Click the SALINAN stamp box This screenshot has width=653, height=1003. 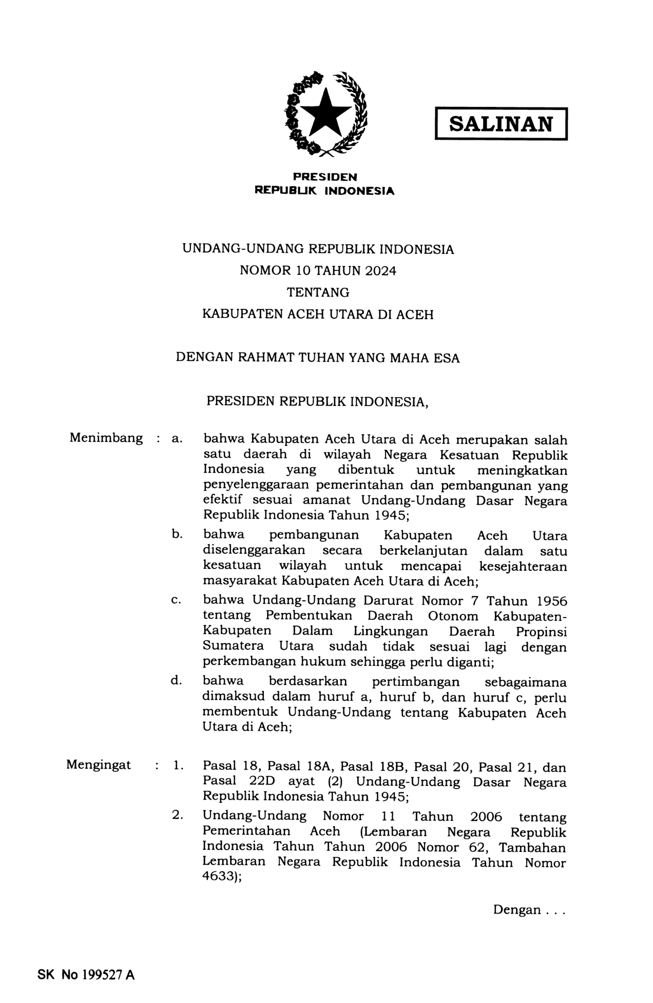coord(501,124)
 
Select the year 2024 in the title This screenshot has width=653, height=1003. coord(381,271)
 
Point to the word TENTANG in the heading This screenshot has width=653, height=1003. coord(318,292)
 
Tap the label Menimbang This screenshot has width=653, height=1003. coord(106,438)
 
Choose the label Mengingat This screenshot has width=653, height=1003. coord(99,765)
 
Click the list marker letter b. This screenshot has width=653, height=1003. coord(177,534)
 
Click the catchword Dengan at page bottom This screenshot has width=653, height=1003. coord(517,910)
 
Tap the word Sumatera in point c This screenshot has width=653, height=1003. coord(233,646)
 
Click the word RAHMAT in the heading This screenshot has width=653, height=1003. coord(264,357)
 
